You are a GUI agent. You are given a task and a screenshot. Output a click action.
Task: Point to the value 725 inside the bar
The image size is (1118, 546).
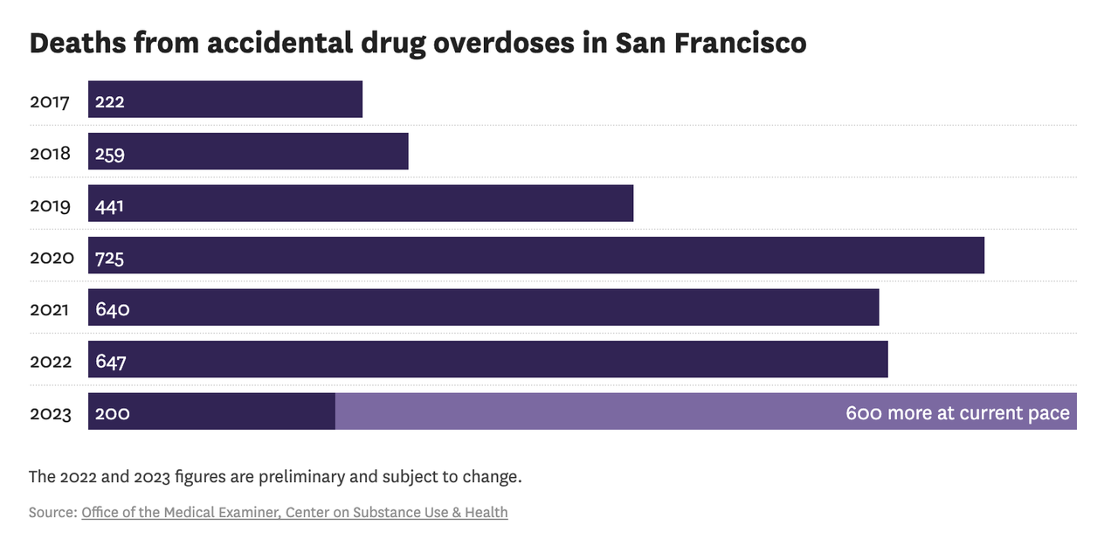(111, 258)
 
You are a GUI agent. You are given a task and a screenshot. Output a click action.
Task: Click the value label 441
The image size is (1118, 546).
(111, 206)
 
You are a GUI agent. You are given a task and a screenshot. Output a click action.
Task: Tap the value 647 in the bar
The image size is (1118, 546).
(112, 362)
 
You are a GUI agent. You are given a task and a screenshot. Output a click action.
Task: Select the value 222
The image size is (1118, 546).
(110, 101)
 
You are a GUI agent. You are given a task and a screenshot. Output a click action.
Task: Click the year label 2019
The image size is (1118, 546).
(50, 206)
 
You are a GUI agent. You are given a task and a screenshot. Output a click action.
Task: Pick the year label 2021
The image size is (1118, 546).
(50, 309)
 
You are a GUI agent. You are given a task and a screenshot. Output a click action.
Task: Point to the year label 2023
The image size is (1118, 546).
(51, 413)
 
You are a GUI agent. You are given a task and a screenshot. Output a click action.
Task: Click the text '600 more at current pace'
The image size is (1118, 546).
(957, 413)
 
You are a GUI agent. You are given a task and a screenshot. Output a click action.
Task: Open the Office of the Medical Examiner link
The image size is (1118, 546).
(180, 513)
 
